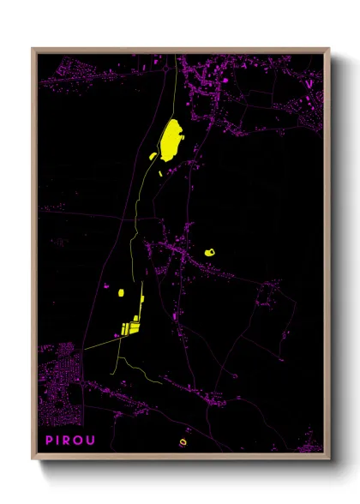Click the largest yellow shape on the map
(170, 140)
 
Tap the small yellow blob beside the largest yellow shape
(154, 156)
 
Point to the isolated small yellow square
(121, 293)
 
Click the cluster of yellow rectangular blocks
(131, 327)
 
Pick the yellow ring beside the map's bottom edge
(182, 442)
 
